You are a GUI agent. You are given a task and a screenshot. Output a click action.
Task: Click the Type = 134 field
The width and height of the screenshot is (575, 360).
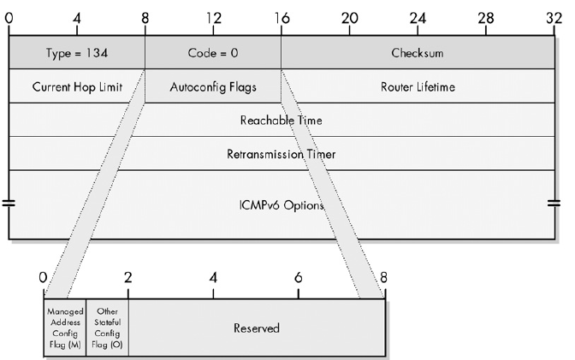[x=76, y=52]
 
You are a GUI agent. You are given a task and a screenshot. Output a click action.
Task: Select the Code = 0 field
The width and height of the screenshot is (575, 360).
[x=212, y=52]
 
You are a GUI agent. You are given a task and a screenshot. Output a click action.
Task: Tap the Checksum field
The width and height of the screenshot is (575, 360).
[x=417, y=52]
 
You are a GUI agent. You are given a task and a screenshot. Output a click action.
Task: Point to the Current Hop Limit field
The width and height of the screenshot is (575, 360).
[x=76, y=86]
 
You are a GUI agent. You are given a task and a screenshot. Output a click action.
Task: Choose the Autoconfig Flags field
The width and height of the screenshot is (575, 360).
[x=212, y=86]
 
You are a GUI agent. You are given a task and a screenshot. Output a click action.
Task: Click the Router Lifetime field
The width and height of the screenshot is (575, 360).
[x=417, y=86]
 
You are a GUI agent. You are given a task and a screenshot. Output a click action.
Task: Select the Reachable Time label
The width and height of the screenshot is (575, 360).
[x=281, y=121]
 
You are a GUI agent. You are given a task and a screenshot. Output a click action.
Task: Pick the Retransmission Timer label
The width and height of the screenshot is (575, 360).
[x=281, y=155]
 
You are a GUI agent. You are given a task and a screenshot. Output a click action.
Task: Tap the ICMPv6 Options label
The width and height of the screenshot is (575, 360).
[x=281, y=205]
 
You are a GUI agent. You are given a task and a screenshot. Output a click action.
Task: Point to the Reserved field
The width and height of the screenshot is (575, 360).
[x=256, y=328]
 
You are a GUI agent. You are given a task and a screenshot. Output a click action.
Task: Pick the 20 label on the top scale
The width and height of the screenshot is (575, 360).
[x=349, y=17]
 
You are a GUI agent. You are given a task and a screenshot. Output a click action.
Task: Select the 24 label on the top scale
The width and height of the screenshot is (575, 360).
[x=417, y=17]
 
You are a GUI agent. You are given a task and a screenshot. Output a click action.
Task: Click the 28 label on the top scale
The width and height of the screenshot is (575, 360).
[x=485, y=17]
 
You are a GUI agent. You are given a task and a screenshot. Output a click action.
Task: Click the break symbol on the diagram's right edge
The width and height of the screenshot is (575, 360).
[x=554, y=204]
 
